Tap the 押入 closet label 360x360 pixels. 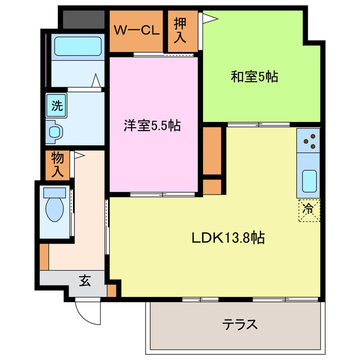[179, 30]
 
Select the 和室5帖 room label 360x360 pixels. [254, 77]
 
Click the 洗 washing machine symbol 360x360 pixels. [56, 105]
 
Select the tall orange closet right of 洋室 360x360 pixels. [212, 150]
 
